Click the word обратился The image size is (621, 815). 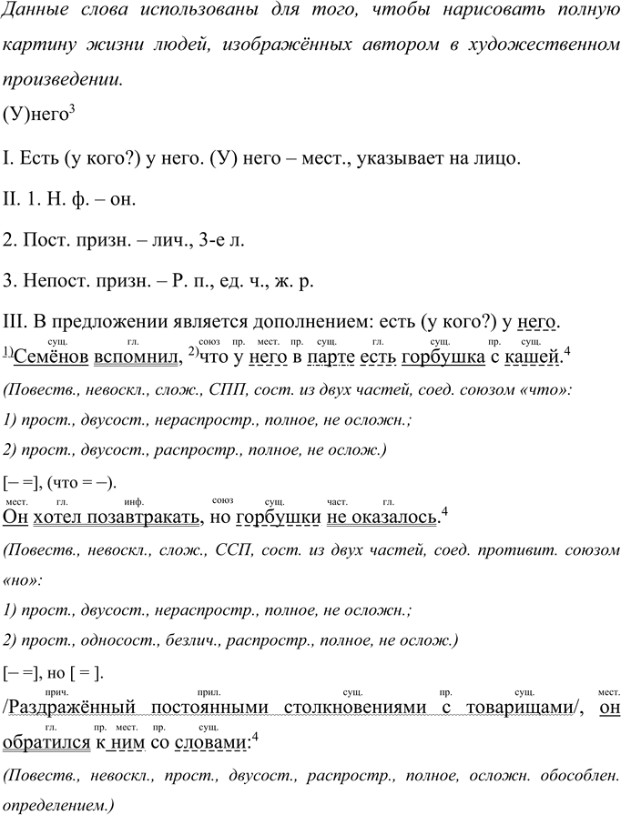click(x=46, y=743)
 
